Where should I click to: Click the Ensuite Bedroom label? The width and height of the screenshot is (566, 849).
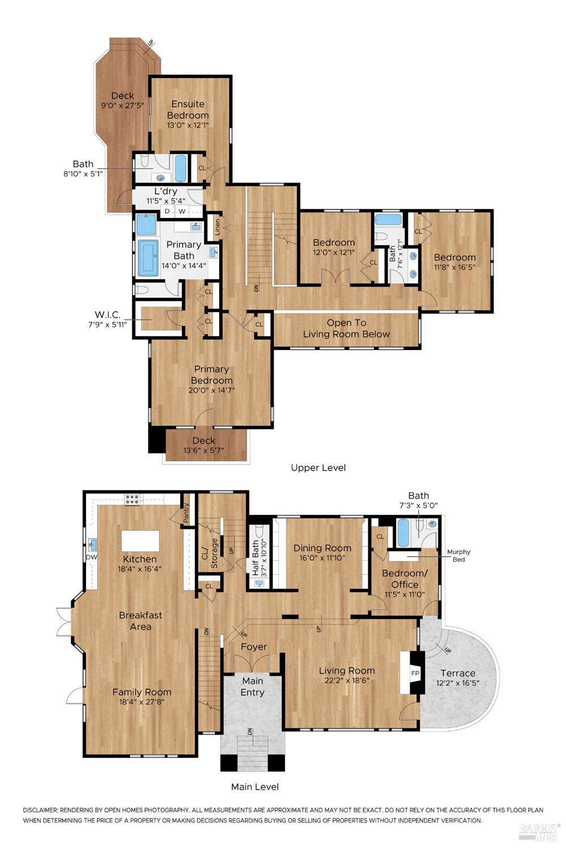[x=188, y=109]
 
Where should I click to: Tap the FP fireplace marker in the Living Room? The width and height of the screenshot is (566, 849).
[x=415, y=673]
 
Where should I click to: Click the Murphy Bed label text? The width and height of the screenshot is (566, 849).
[x=458, y=556]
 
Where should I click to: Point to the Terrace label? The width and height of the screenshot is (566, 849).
[x=458, y=673]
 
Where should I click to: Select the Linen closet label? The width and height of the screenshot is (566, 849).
[x=217, y=228]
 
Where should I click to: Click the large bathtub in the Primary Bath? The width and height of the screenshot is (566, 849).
[x=148, y=258]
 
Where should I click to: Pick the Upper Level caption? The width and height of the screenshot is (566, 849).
[x=318, y=467]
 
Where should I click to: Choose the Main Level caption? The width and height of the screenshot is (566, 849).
[x=255, y=787]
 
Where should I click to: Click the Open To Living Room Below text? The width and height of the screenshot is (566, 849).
[x=346, y=328]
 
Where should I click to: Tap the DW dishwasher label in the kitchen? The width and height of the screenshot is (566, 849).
[x=91, y=557]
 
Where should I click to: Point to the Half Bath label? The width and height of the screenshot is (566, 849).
[x=256, y=558]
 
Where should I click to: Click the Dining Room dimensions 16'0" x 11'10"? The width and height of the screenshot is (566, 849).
[x=322, y=558]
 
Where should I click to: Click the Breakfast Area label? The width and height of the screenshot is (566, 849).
[x=141, y=620]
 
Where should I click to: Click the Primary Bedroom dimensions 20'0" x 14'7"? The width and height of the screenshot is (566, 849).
[x=211, y=390]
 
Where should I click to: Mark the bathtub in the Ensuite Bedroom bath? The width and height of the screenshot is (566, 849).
[x=181, y=168]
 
